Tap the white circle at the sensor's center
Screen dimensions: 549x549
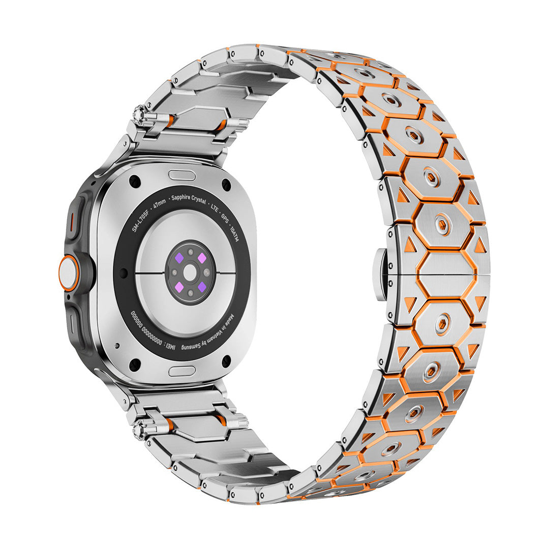[x=191, y=273]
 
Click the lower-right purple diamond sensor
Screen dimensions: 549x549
[x=202, y=287]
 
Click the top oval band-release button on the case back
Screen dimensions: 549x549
[x=181, y=175]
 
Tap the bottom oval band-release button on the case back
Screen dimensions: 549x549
[x=181, y=371]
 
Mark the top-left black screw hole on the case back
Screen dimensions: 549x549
[x=135, y=181]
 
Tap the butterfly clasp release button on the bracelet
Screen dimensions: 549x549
[x=382, y=273]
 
